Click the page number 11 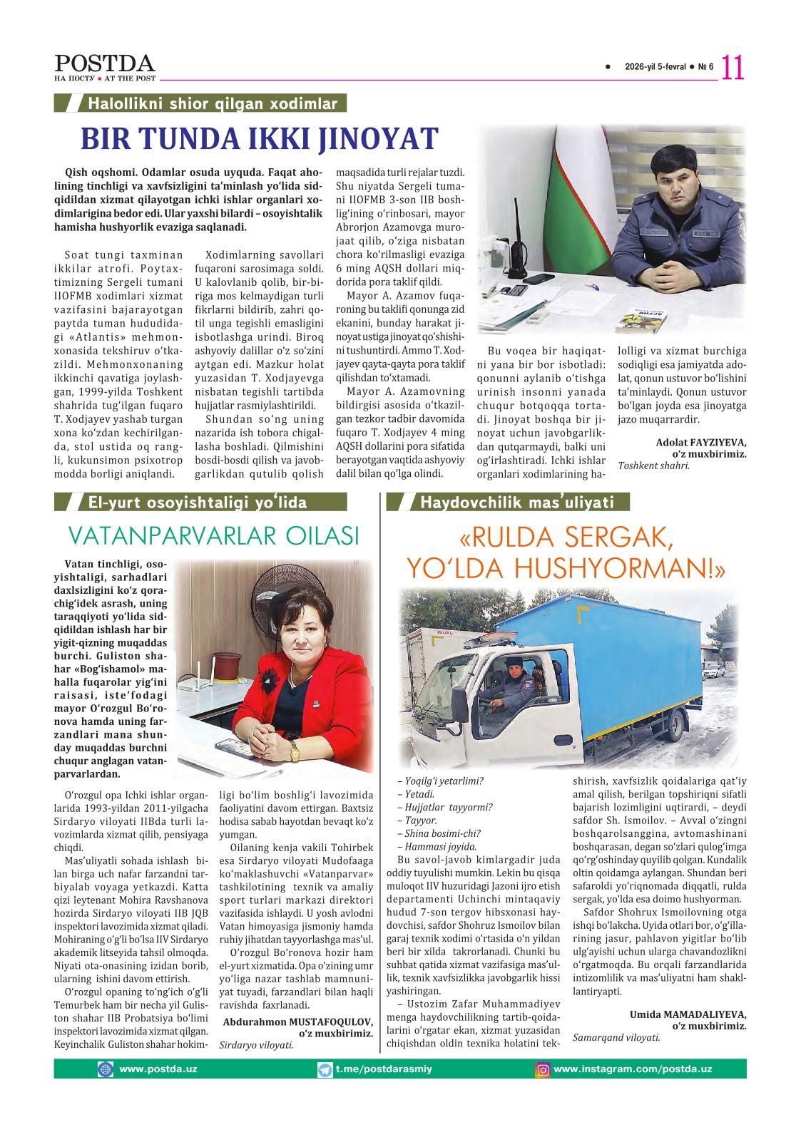point(733,68)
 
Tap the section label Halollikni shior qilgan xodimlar point(212,104)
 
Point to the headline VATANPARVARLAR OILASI point(213,535)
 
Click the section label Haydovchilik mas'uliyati point(517,503)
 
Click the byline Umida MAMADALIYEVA point(688,1014)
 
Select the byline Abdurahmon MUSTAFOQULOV point(298,1022)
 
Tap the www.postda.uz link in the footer point(158,1069)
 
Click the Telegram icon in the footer point(325,1070)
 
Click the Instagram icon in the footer point(543,1070)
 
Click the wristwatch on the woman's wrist point(295,748)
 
